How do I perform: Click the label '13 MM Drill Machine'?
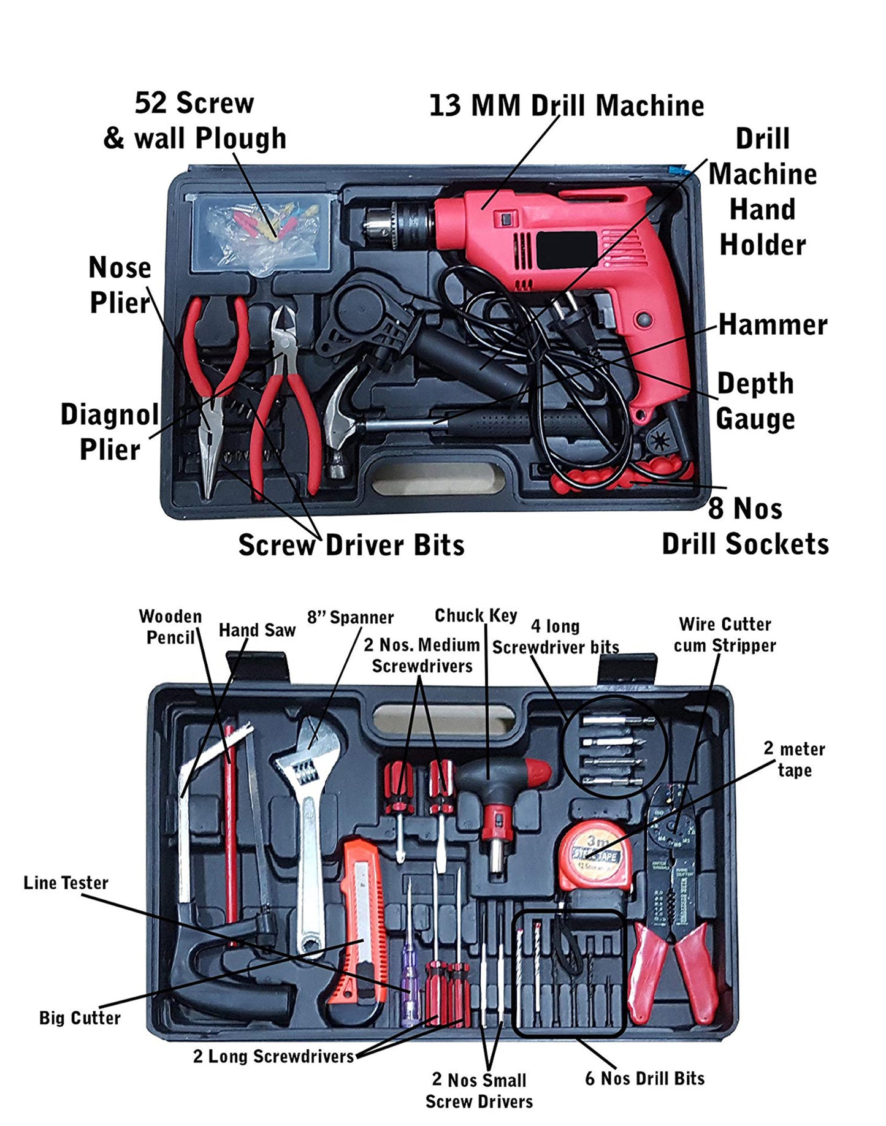tap(566, 105)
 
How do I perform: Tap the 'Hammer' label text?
tap(772, 325)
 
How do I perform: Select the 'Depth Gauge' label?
tap(755, 401)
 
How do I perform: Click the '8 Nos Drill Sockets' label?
tap(745, 527)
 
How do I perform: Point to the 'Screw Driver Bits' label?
tap(351, 545)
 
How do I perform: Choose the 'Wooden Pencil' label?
tap(170, 626)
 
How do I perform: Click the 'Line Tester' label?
tap(66, 883)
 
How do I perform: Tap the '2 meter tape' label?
tap(794, 759)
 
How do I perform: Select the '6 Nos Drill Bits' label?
tap(644, 1078)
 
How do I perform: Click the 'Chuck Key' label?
tap(476, 615)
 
